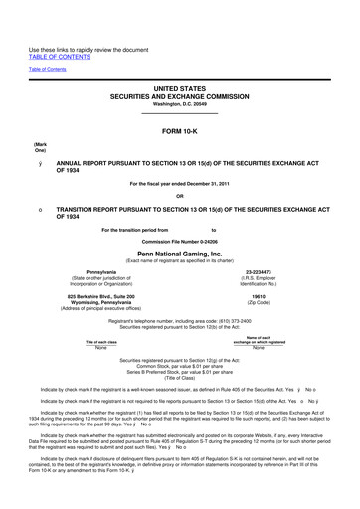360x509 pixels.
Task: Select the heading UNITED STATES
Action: coord(180,86)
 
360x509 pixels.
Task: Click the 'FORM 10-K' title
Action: coord(180,131)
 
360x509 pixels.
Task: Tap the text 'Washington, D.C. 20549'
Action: coord(180,104)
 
